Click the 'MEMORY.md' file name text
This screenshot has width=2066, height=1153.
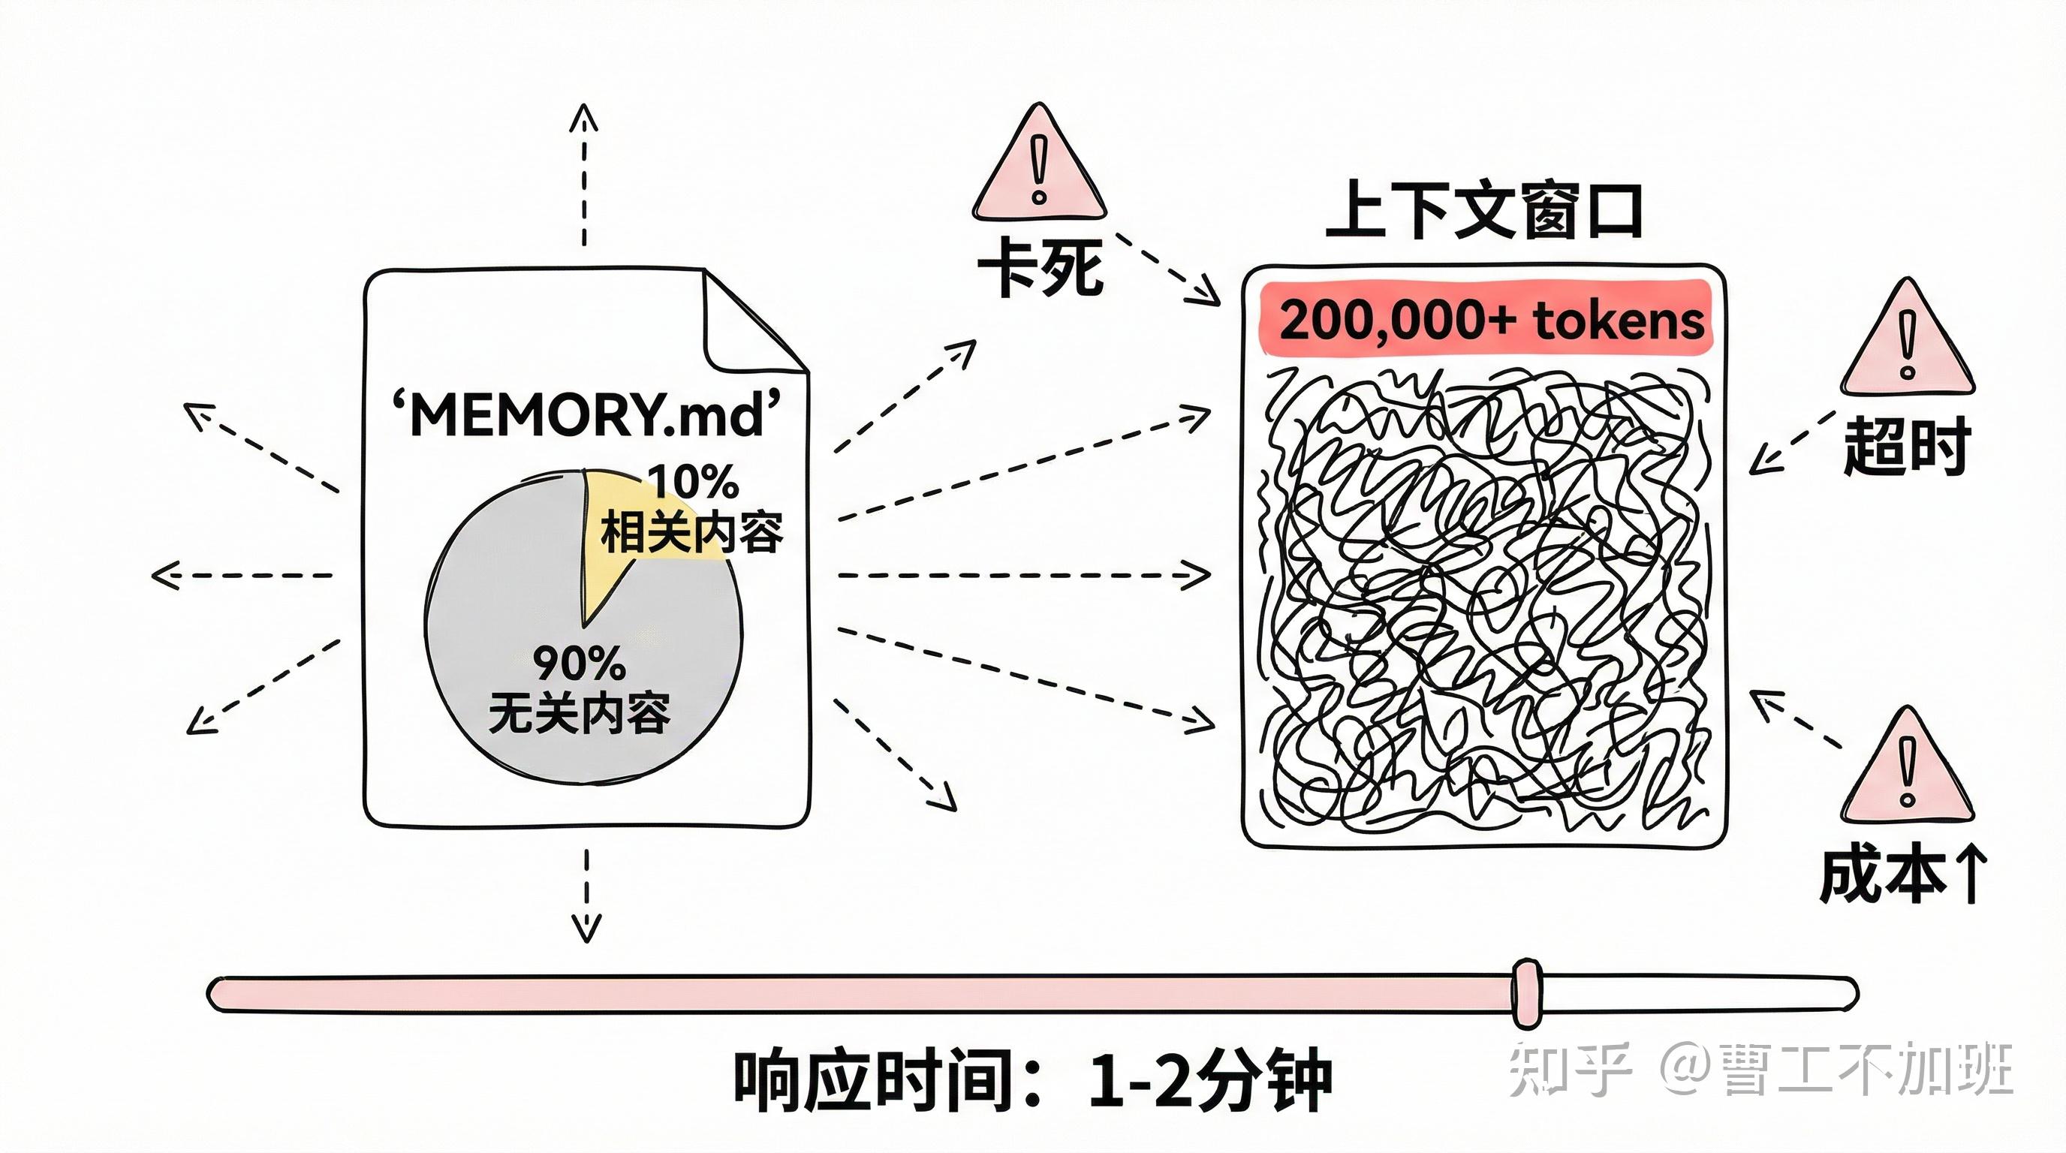coord(586,414)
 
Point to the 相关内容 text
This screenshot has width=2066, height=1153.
coord(691,532)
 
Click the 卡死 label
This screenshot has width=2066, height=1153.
coord(1041,267)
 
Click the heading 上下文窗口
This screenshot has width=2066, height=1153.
coord(1483,211)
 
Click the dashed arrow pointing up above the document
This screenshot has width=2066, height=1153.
coord(584,173)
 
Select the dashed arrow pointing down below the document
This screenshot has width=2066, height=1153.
coord(586,894)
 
